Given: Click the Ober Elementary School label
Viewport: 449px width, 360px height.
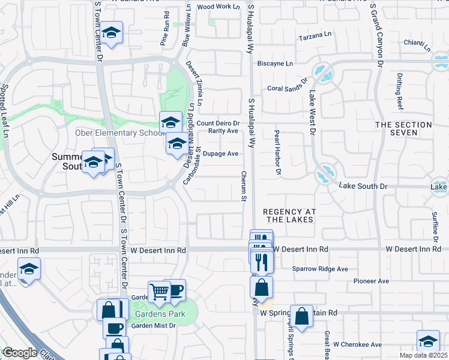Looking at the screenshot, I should click(118, 133).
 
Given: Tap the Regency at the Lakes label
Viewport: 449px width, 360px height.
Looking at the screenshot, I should click(288, 215).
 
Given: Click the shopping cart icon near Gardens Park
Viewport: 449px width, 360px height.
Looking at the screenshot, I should click(160, 292).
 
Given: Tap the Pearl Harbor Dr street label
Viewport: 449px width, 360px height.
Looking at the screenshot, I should click(277, 154).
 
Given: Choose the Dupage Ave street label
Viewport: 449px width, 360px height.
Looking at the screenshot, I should click(221, 154).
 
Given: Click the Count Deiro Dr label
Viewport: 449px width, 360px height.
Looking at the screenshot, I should click(222, 123).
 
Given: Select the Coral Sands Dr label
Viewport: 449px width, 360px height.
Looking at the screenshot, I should click(288, 85).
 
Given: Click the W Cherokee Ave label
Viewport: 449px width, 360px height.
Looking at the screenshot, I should click(358, 344).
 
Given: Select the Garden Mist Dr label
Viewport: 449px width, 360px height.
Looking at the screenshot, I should click(153, 326).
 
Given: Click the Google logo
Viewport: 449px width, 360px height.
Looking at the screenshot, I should click(19, 353).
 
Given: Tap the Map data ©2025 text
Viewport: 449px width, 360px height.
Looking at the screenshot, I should click(423, 355).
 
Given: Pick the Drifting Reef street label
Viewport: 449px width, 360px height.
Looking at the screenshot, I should click(400, 91).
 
